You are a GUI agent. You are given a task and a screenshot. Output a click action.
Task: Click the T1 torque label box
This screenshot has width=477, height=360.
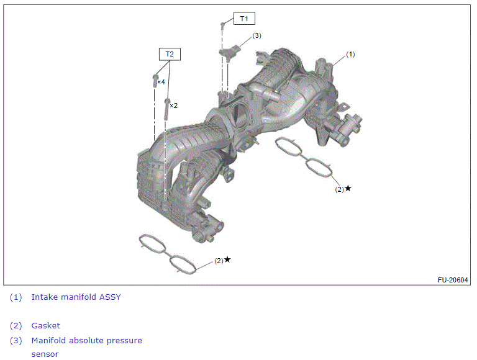pyautogui.click(x=244, y=19)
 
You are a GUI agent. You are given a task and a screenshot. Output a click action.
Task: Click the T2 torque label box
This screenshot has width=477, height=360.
pyautogui.click(x=170, y=54)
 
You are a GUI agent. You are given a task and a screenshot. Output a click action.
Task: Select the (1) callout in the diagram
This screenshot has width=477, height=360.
pyautogui.click(x=350, y=54)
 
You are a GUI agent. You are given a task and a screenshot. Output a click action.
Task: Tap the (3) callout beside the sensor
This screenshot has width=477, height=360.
pyautogui.click(x=257, y=35)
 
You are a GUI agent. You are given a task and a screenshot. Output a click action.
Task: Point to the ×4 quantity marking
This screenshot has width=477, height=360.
pyautogui.click(x=161, y=82)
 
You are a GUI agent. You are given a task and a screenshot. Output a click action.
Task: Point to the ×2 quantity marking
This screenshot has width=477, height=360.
pyautogui.click(x=173, y=106)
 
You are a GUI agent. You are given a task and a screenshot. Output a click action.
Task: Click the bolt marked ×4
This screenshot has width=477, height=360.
pyautogui.click(x=155, y=81)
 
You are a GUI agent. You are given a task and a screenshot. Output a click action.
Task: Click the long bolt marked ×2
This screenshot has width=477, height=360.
pyautogui.click(x=167, y=109)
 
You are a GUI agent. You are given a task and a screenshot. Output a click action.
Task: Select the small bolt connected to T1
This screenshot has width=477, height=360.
pyautogui.click(x=222, y=25)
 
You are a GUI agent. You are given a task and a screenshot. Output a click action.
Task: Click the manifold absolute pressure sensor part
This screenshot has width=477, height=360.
pyautogui.click(x=230, y=52)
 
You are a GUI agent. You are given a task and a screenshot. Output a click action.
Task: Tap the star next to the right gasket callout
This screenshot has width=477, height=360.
pyautogui.click(x=348, y=189)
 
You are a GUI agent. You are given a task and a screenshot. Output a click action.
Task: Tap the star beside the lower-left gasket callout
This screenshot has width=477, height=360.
pyautogui.click(x=227, y=259)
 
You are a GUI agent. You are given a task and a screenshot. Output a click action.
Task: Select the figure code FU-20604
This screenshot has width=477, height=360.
pyautogui.click(x=453, y=280)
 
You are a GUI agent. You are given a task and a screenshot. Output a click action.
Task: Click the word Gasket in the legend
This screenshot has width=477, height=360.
pyautogui.click(x=45, y=326)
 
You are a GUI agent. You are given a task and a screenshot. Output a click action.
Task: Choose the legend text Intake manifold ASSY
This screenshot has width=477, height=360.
pyautogui.click(x=76, y=297)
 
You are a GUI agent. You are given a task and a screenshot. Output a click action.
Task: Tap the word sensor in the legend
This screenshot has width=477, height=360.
pyautogui.click(x=45, y=354)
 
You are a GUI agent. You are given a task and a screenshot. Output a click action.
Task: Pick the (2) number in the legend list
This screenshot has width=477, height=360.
pyautogui.click(x=16, y=326)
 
